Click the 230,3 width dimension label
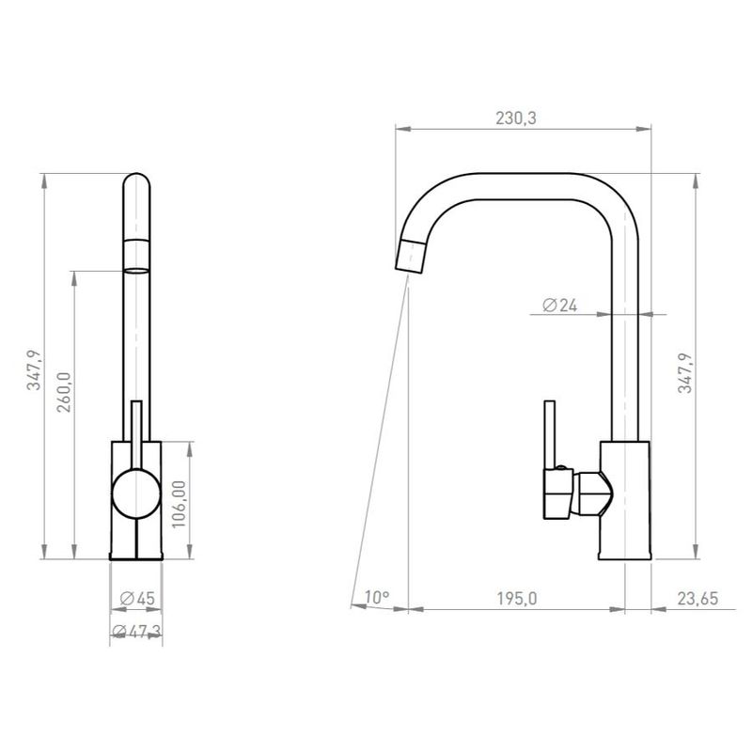(x=515, y=118)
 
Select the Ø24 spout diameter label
(x=559, y=305)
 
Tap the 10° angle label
(x=377, y=597)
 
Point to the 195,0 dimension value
(x=516, y=599)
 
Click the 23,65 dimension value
(x=697, y=599)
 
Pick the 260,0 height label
(x=64, y=392)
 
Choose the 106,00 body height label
(x=179, y=504)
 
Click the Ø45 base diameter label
(x=137, y=599)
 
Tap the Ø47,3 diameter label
(x=136, y=632)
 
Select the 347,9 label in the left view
(x=34, y=369)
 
